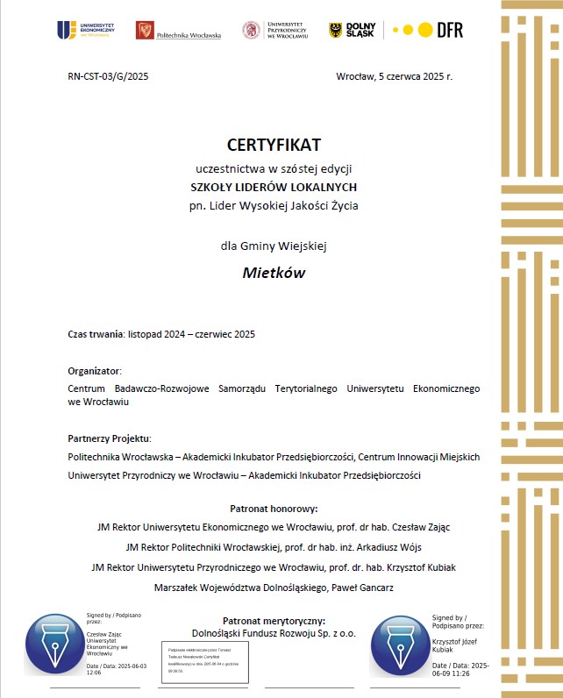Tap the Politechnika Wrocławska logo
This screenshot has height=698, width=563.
[x=178, y=31]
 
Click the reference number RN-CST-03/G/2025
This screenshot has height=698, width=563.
[x=108, y=77]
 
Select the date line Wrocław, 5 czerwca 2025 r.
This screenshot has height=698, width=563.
[x=394, y=77]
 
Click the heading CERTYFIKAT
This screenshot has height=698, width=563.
[x=274, y=144]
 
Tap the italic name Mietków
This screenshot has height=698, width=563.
[x=274, y=272]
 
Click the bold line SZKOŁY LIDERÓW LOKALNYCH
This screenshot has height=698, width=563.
[x=274, y=187]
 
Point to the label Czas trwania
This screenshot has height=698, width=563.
[x=96, y=334]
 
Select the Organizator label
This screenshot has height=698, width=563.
[x=94, y=370]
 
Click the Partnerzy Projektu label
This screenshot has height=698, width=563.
[x=109, y=438]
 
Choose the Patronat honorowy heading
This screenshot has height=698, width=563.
[x=274, y=508]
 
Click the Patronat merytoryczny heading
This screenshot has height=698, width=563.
[x=274, y=621]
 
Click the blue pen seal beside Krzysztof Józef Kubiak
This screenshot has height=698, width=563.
[x=400, y=646]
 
